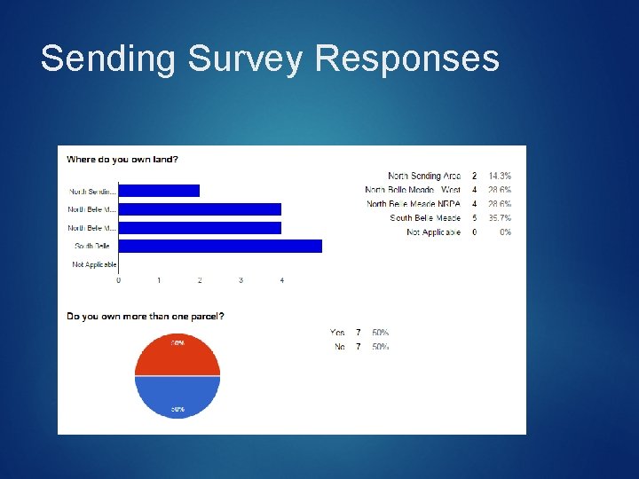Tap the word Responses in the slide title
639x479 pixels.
pos(407,59)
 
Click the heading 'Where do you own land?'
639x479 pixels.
pos(122,160)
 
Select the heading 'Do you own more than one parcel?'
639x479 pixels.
pos(146,316)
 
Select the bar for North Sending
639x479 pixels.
pos(159,191)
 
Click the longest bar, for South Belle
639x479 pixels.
pos(220,246)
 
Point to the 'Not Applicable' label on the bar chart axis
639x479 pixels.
pos(94,264)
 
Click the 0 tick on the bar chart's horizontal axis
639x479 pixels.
pos(119,280)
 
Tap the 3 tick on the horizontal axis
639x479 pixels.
pos(241,280)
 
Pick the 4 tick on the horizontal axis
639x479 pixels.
pos(281,280)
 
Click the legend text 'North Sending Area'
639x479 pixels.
pos(424,177)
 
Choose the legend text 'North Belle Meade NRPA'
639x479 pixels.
pos(414,204)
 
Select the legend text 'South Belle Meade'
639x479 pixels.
pos(425,218)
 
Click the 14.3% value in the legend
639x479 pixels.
pos(500,177)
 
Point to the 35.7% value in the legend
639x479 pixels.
pos(500,218)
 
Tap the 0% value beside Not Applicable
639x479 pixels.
pos(505,232)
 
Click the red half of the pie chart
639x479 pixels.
pos(177,355)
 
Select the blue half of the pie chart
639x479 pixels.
pos(177,397)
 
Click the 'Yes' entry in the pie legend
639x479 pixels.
pos(337,333)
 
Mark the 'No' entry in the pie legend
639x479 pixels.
pos(339,347)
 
